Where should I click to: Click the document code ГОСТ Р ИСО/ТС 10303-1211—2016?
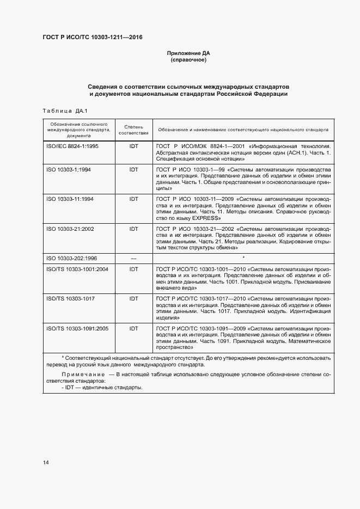[93, 38]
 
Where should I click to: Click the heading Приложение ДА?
[188, 53]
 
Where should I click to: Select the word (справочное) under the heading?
[188, 60]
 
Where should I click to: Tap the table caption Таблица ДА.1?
[62, 111]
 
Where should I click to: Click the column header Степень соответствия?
[133, 130]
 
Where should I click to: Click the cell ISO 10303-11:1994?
[70, 199]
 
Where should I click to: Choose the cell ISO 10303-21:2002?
[70, 229]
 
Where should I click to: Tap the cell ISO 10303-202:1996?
[72, 257]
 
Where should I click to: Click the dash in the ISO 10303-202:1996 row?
[133, 257]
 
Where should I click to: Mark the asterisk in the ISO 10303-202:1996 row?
[243, 257]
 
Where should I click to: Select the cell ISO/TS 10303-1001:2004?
[77, 269]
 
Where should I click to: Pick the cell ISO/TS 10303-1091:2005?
[77, 328]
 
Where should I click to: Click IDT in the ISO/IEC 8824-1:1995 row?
[133, 146]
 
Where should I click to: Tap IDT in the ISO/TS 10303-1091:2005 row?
[133, 328]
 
